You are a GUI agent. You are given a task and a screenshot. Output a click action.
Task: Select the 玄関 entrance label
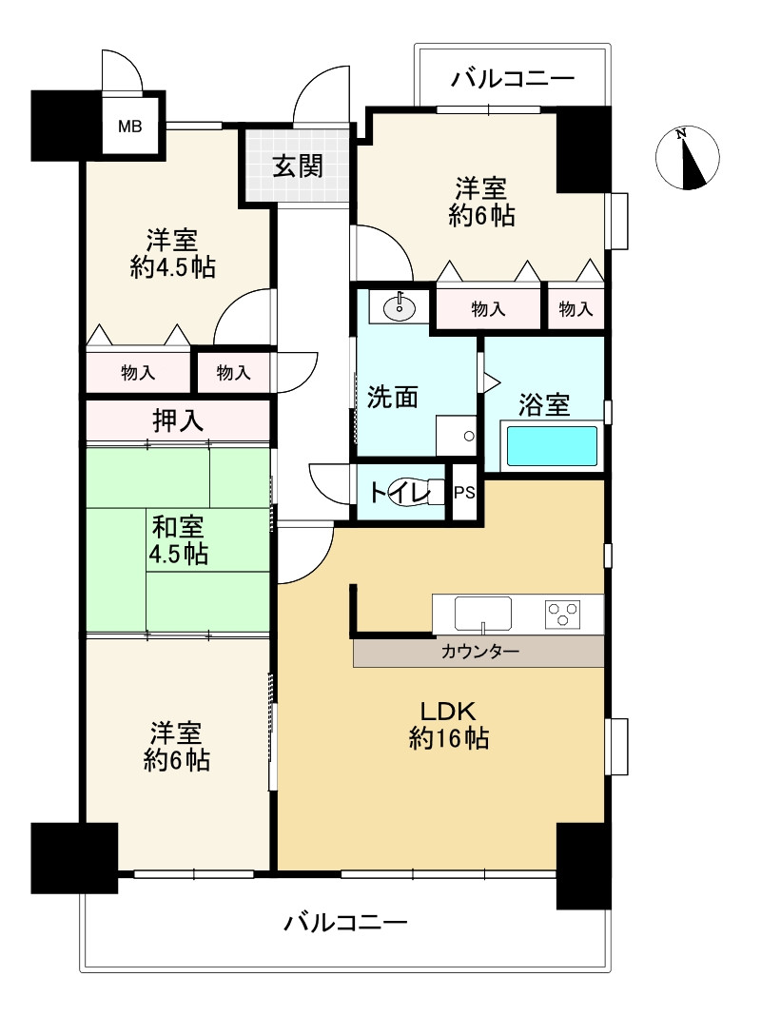coord(298,166)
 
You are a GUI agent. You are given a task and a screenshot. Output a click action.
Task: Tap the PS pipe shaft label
coord(464,493)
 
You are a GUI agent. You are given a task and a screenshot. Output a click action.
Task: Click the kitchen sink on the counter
coord(483,614)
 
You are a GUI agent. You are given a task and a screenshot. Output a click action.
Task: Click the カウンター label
coord(479,652)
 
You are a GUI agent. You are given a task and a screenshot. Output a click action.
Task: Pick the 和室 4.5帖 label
coord(177,538)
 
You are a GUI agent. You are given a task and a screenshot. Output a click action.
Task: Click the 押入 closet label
coord(178,420)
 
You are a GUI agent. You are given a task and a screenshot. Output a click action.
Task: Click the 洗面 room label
coord(393,397)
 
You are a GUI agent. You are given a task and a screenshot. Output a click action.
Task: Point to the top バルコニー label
coord(513,78)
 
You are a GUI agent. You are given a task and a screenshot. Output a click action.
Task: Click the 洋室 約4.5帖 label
coord(172,253)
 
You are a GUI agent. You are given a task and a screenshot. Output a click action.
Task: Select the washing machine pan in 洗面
coord(456,436)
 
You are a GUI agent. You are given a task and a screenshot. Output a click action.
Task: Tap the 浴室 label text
coord(544,405)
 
